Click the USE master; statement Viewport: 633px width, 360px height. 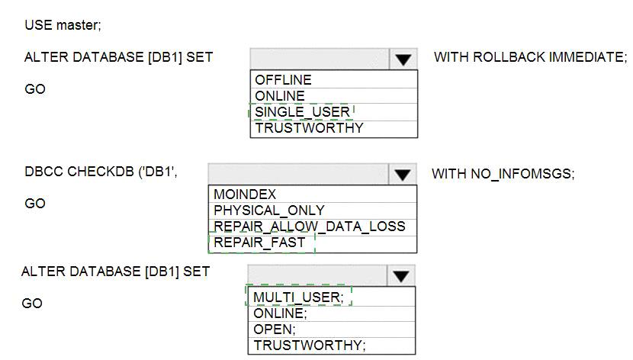click(x=63, y=25)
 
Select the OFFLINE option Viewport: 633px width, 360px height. click(x=283, y=80)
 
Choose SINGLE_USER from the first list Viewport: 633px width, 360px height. click(x=302, y=112)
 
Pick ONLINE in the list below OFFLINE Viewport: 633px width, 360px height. click(x=280, y=96)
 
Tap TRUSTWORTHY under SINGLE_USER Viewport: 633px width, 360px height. click(x=309, y=128)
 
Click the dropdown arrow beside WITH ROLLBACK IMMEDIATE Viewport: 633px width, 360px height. click(x=403, y=59)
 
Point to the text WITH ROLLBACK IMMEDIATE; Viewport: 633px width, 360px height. click(x=531, y=57)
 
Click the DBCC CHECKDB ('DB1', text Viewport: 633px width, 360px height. click(x=101, y=172)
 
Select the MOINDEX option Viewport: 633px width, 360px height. click(x=245, y=194)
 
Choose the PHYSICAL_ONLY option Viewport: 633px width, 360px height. click(x=269, y=211)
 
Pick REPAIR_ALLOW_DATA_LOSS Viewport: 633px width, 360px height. click(x=309, y=227)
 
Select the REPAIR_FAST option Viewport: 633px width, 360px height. click(x=259, y=243)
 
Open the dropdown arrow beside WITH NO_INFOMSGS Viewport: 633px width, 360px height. click(x=403, y=175)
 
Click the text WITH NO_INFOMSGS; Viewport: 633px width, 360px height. click(x=503, y=174)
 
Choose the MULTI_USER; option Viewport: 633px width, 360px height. click(x=298, y=297)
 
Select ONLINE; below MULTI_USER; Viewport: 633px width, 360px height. click(x=280, y=313)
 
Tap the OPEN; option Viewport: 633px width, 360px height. click(x=275, y=329)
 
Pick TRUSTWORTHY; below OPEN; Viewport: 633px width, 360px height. click(x=309, y=345)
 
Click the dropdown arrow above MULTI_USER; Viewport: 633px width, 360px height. click(x=401, y=276)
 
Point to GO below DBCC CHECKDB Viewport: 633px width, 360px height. click(x=35, y=203)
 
